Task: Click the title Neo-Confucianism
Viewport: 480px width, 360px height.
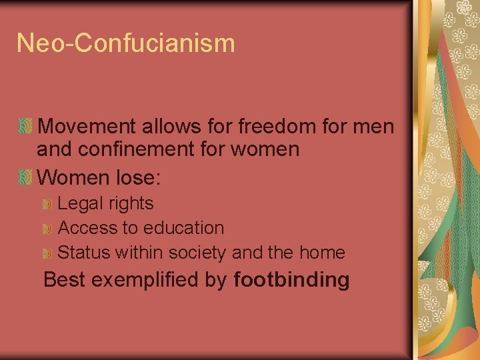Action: [126, 43]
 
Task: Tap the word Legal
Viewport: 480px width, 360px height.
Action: [77, 204]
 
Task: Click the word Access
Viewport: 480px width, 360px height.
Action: [87, 228]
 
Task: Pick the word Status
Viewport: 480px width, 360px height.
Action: [84, 253]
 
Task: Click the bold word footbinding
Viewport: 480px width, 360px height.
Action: [291, 280]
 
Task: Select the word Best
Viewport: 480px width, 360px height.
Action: [64, 280]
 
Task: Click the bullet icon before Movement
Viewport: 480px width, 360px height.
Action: [25, 125]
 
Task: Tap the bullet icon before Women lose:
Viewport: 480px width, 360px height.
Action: [25, 177]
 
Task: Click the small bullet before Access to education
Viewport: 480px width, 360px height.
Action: [47, 229]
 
